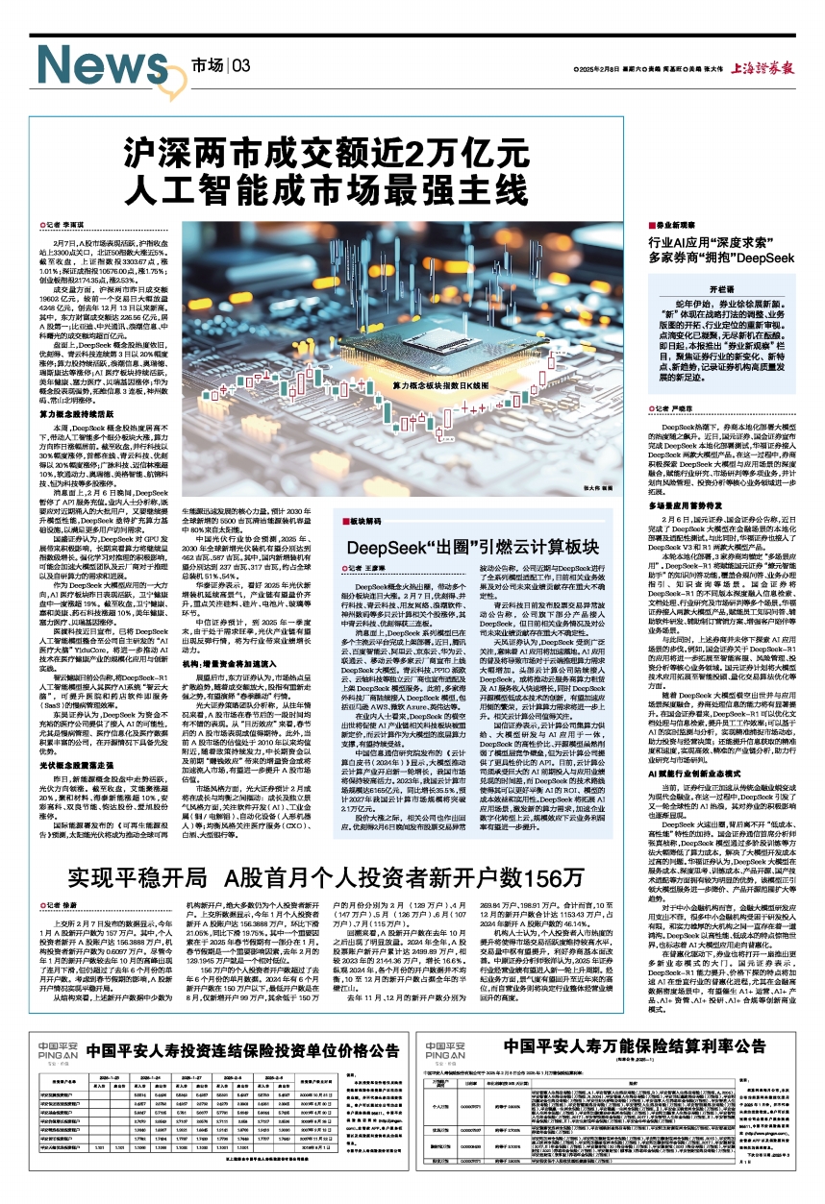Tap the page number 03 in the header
tap(240, 65)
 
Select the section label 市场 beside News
tap(206, 65)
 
